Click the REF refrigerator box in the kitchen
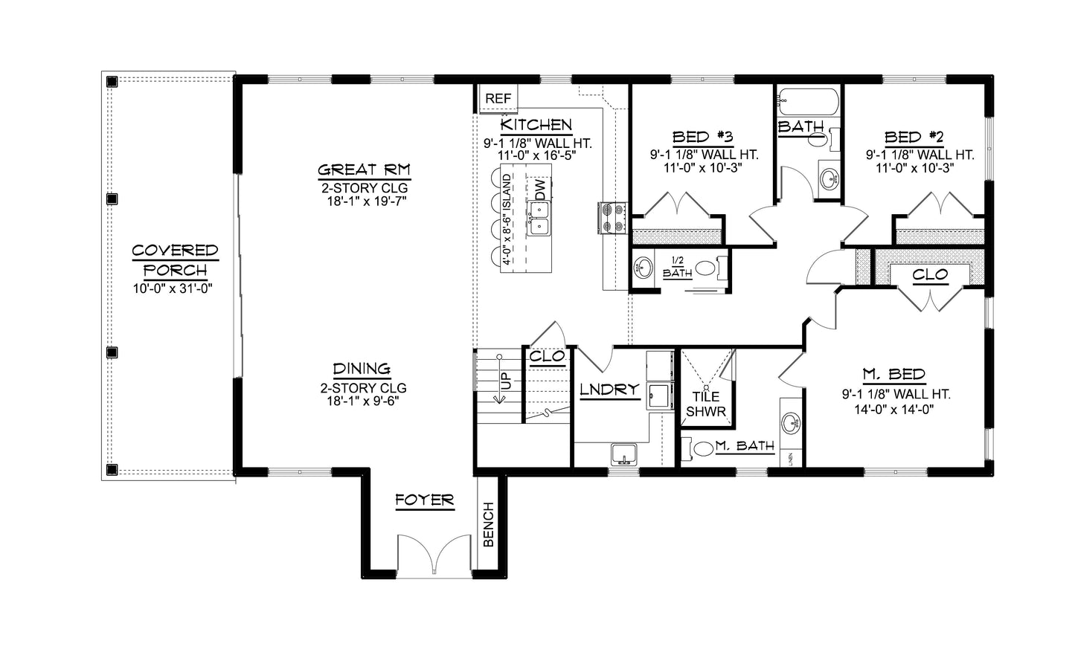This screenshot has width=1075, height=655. click(x=498, y=98)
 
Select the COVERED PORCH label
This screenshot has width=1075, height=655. click(x=175, y=259)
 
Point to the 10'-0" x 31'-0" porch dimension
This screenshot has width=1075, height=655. click(x=173, y=289)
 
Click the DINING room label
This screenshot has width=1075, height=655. click(x=362, y=368)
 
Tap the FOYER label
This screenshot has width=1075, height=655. click(x=424, y=500)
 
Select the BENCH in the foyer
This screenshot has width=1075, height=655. click(x=489, y=525)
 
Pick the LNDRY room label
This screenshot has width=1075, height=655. click(x=609, y=389)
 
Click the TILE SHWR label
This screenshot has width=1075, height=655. click(x=705, y=404)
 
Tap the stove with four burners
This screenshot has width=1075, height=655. click(x=612, y=219)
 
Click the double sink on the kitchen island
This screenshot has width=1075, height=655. click(x=539, y=219)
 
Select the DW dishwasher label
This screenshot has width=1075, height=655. click(x=541, y=189)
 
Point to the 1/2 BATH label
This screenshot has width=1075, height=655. click(x=677, y=267)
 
